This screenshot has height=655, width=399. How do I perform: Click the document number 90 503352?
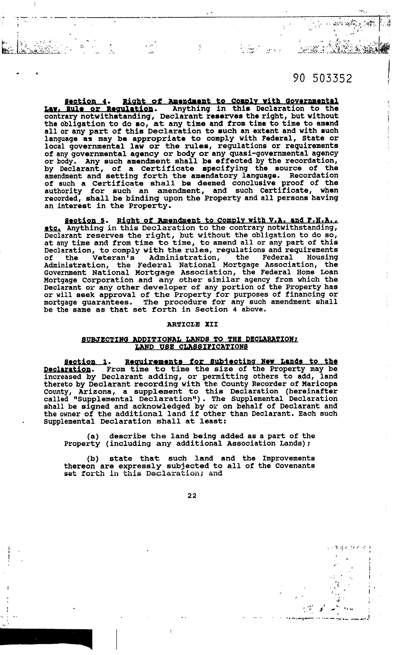point(322,78)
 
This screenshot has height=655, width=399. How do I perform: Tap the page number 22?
point(192,495)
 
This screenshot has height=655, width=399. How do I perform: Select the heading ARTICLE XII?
point(192,324)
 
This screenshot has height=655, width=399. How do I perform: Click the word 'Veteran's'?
point(114,258)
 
